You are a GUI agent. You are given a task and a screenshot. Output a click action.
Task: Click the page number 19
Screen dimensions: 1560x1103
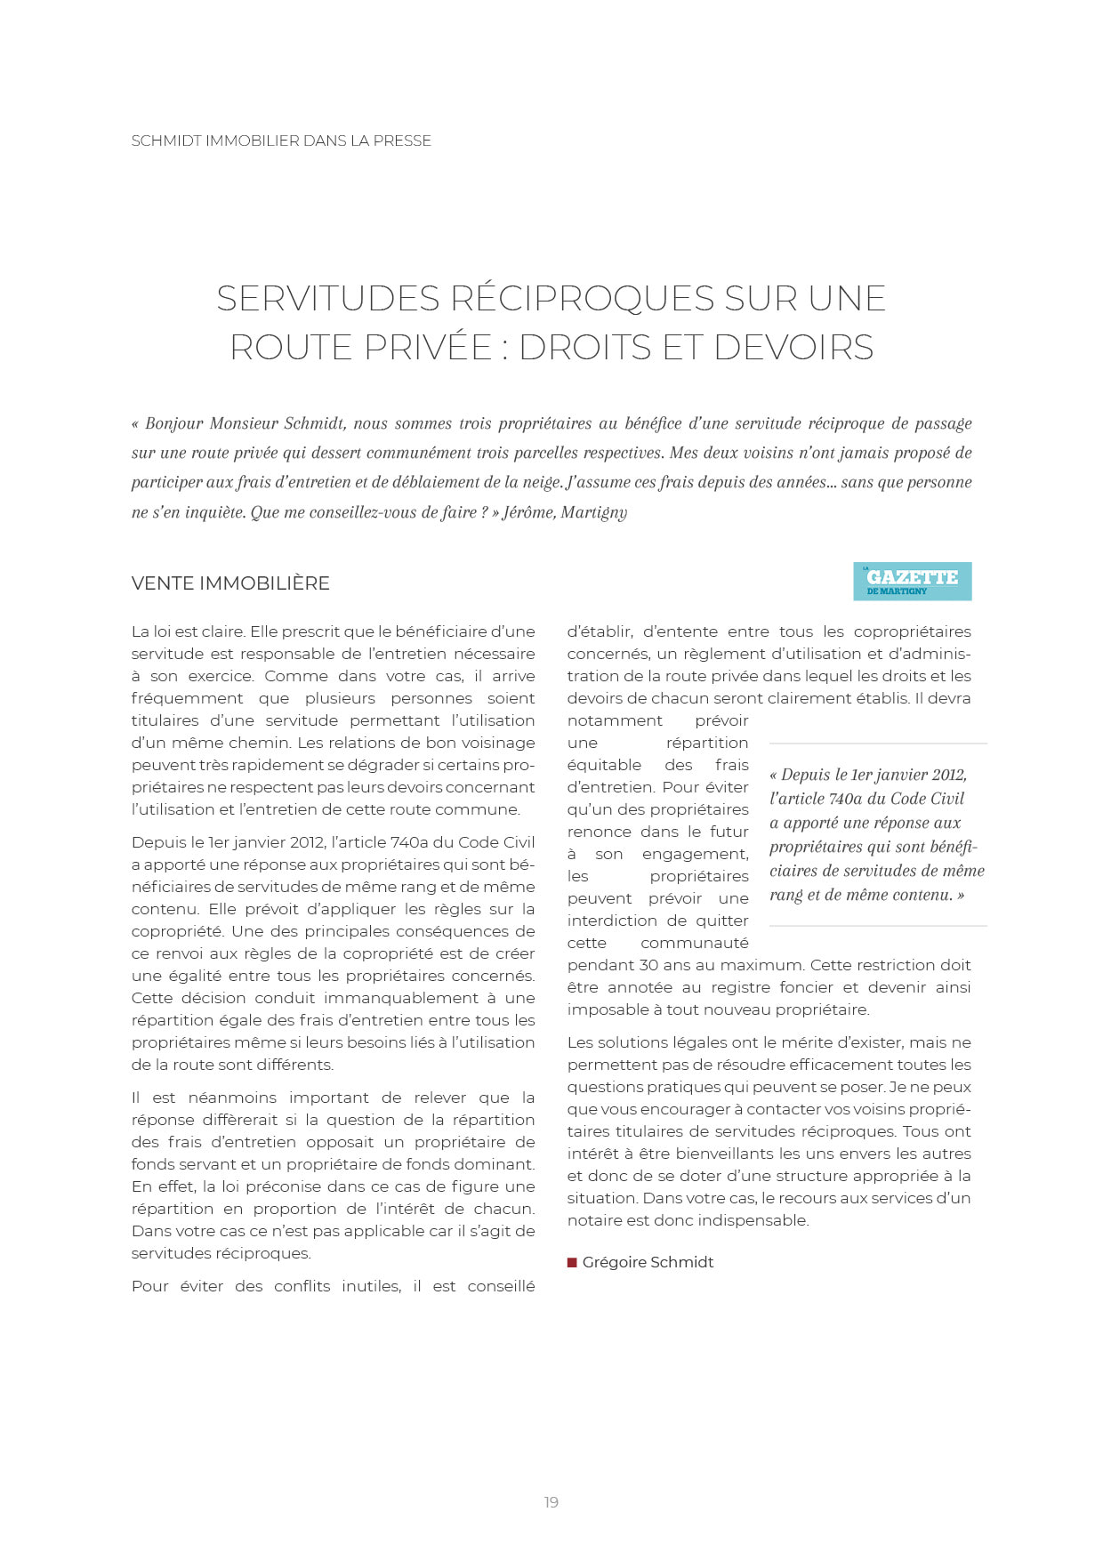551,1502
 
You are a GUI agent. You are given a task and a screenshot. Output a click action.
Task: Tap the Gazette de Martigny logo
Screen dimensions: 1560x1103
912,581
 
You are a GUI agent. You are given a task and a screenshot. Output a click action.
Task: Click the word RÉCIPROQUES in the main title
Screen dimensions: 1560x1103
583,298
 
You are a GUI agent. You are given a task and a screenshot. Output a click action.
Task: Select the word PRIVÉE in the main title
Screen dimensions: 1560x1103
428,347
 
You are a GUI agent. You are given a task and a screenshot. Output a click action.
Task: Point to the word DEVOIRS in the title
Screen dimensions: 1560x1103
793,347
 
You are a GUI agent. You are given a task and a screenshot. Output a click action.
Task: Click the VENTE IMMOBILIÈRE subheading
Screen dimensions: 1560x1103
230,583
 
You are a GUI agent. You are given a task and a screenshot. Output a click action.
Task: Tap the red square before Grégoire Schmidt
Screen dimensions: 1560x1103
572,1262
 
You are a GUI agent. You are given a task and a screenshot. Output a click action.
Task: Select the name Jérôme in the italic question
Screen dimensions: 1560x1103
529,512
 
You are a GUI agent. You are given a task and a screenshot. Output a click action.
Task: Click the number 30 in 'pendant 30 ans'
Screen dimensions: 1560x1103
648,965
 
